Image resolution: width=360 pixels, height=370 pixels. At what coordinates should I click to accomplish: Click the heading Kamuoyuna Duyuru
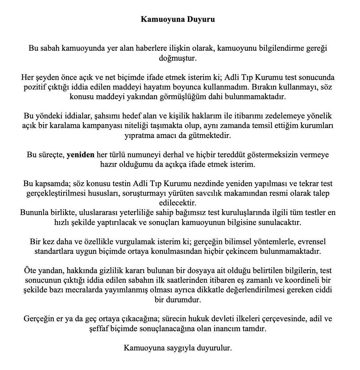[178, 19]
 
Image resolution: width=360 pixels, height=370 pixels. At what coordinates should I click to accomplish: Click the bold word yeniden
[80, 155]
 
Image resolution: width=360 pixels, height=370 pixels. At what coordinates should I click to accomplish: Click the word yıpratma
[137, 135]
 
